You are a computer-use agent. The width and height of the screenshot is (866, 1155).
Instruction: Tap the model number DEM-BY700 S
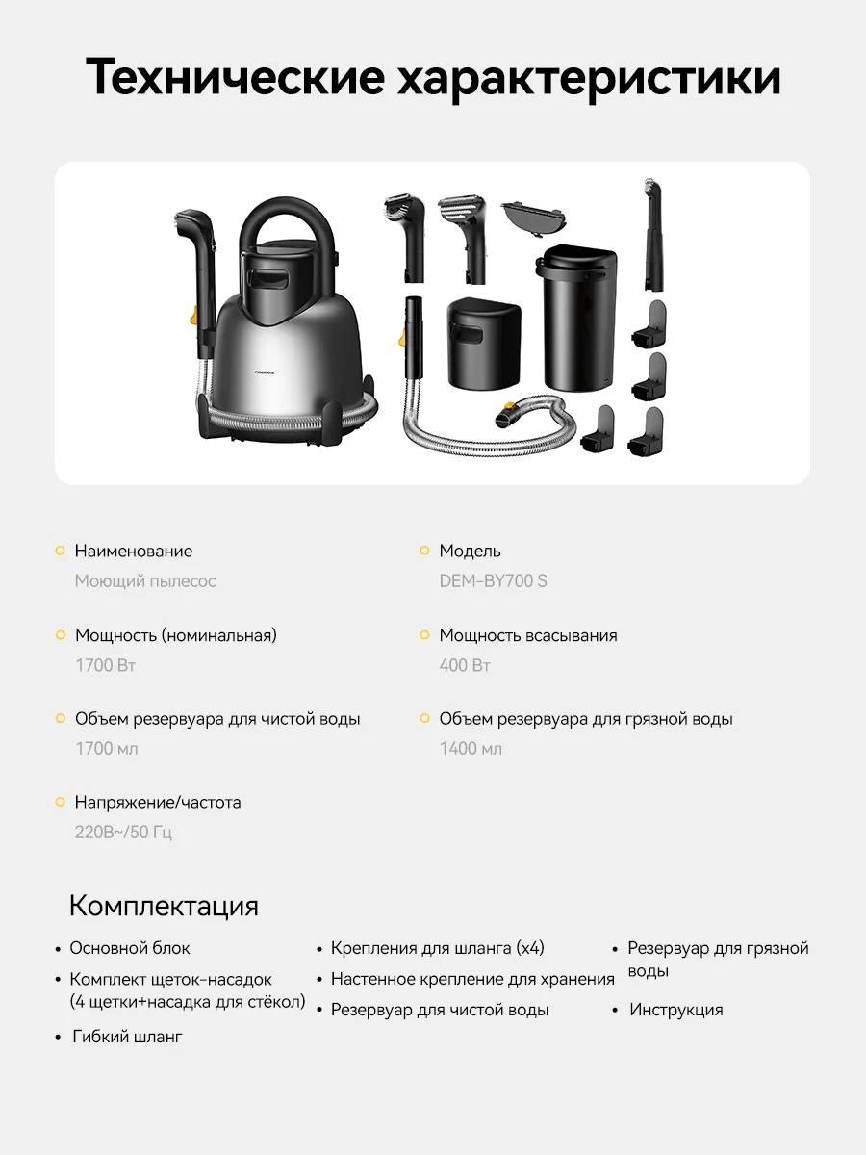click(x=493, y=581)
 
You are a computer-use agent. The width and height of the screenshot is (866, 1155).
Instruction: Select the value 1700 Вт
click(x=105, y=665)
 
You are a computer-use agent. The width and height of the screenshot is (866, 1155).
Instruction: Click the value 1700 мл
click(x=107, y=748)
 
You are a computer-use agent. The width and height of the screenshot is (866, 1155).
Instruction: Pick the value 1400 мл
click(x=471, y=748)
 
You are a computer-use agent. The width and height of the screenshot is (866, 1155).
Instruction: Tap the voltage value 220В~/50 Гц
click(x=123, y=832)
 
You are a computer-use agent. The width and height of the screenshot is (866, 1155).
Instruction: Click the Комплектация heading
click(x=164, y=906)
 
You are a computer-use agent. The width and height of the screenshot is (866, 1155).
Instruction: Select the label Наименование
click(x=134, y=552)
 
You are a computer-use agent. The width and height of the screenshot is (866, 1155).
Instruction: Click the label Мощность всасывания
click(x=528, y=635)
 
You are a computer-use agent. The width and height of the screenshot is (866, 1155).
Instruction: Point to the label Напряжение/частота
click(x=158, y=802)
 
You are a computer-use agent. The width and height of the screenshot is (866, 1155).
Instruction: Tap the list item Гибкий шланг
click(x=127, y=1037)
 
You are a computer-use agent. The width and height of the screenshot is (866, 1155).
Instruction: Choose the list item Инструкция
click(x=675, y=1010)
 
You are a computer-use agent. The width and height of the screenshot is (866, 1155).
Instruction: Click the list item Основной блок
click(x=130, y=948)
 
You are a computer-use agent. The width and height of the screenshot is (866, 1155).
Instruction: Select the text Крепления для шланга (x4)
click(x=438, y=948)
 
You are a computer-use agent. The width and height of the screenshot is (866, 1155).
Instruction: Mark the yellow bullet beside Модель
click(x=424, y=551)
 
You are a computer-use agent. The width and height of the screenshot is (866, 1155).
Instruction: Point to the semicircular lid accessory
click(x=536, y=214)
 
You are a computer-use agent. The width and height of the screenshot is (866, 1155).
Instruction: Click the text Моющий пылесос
click(x=145, y=581)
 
